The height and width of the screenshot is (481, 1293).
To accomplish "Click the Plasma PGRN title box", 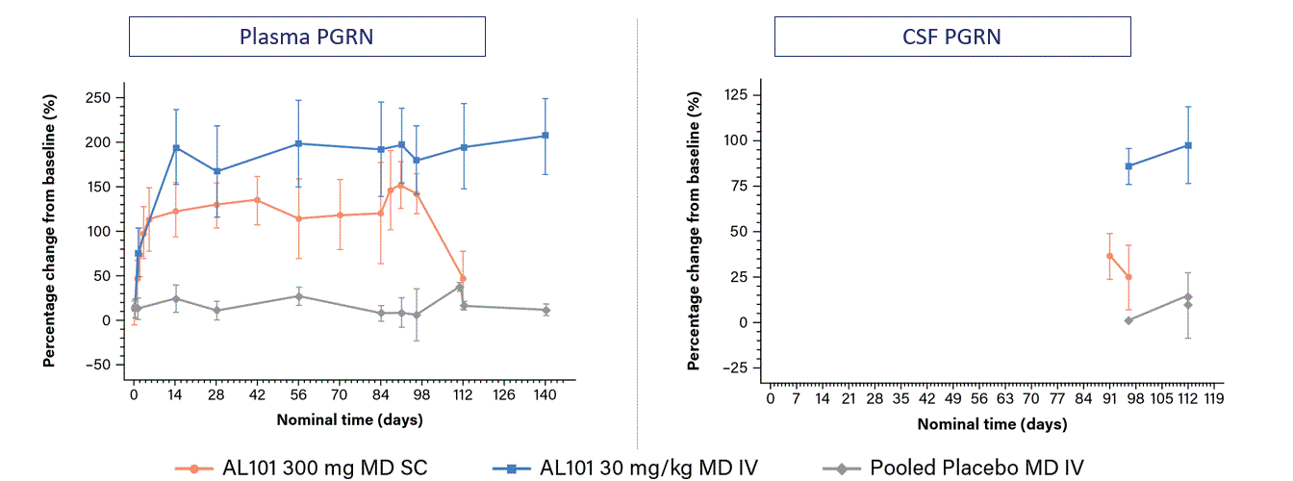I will pos(307,38).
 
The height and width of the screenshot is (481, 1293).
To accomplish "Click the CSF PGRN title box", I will pos(952,38).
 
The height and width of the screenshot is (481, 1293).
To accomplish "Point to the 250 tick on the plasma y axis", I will pos(98,97).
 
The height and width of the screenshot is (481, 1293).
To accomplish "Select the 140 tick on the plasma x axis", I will pos(545,394).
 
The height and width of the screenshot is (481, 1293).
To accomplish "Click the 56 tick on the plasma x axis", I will pos(299,394).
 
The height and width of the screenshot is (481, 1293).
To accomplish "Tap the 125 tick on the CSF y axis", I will pos(737,94).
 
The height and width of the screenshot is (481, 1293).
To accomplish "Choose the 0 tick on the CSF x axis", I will pos(770,399).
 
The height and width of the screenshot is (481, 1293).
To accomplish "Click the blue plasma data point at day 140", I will pos(545,136).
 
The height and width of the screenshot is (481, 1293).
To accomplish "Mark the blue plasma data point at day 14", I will pos(176,148).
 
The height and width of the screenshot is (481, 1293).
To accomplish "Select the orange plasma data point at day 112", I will pos(463,278).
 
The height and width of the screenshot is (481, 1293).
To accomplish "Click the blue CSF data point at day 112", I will pos(1188,145).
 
